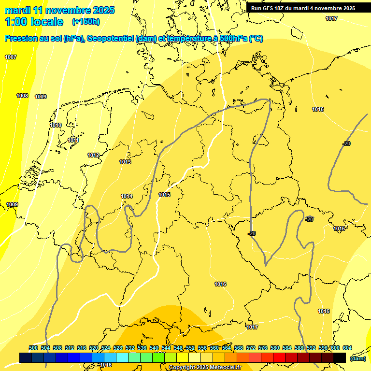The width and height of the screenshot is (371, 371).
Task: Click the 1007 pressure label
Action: pyautogui.click(x=11, y=57)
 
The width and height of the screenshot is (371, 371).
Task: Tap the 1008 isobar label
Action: pyautogui.click(x=22, y=96)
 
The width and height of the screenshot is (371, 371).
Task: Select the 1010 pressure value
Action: pyautogui.click(x=56, y=125)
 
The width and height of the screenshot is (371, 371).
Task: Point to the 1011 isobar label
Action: pyautogui.click(x=73, y=141)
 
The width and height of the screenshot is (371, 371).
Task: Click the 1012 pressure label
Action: pyautogui.click(x=93, y=155)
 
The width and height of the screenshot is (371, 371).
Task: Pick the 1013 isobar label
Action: pyautogui.click(x=125, y=162)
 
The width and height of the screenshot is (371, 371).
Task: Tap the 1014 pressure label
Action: pyautogui.click(x=127, y=196)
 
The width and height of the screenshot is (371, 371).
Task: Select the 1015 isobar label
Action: pyautogui.click(x=164, y=195)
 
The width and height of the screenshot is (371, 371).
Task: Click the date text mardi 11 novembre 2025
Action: pyautogui.click(x=59, y=10)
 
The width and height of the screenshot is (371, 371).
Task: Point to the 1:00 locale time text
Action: pyautogui.click(x=34, y=22)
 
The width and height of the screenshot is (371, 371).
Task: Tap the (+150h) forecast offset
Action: pyautogui.click(x=86, y=22)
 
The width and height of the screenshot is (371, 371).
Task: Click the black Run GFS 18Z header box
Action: pyautogui.click(x=303, y=8)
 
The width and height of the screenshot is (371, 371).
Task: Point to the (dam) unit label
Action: pyautogui.click(x=357, y=358)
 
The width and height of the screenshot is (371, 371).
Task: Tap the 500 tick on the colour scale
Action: pyautogui.click(x=33, y=348)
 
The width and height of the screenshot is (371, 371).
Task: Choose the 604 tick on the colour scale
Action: pyautogui.click(x=347, y=348)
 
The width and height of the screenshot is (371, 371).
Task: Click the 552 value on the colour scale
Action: pyautogui.click(x=190, y=348)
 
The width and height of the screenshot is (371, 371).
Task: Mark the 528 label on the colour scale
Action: pyautogui.click(x=118, y=348)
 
